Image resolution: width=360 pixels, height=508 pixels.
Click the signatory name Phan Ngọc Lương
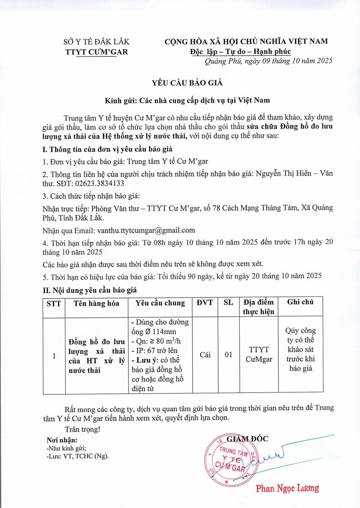pyautogui.click(x=287, y=488)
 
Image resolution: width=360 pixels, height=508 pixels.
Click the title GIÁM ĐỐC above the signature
pyautogui.click(x=248, y=439)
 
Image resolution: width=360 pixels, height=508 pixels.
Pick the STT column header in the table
pyautogui.click(x=54, y=303)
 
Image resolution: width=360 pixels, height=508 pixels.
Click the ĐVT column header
pyautogui.click(x=205, y=303)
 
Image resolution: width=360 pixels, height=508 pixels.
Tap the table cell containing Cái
pyautogui.click(x=205, y=355)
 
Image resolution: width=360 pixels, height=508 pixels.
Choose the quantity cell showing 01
pyautogui.click(x=229, y=355)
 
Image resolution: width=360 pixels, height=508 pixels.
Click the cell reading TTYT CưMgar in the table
pyautogui.click(x=259, y=355)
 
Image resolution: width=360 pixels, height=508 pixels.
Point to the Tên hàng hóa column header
pyautogui.click(x=96, y=303)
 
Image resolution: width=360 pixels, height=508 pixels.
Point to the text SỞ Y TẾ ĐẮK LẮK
pyautogui.click(x=96, y=42)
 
